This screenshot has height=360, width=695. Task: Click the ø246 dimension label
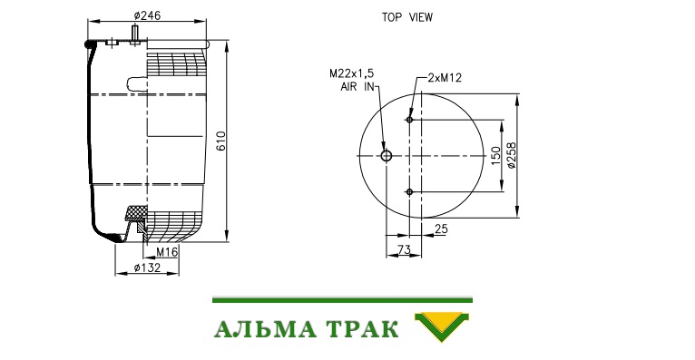pyautogui.click(x=147, y=15)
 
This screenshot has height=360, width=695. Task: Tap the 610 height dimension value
pyautogui.click(x=220, y=141)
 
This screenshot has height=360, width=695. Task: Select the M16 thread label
pyautogui.click(x=167, y=252)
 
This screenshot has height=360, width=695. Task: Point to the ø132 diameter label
pyautogui.click(x=147, y=268)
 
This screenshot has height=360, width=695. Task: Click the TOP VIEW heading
pyautogui.click(x=407, y=17)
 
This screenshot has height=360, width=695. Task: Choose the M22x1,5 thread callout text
pyautogui.click(x=351, y=73)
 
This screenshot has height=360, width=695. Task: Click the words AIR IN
pyautogui.click(x=357, y=87)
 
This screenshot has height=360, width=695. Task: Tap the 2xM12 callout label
pyautogui.click(x=445, y=78)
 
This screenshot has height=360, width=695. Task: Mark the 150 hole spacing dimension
pyautogui.click(x=496, y=156)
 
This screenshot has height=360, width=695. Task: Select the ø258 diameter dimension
pyautogui.click(x=511, y=155)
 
